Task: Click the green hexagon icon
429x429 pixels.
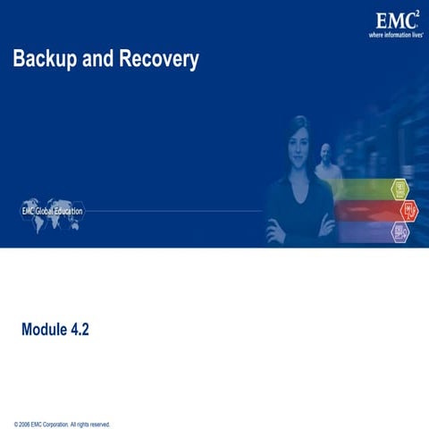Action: (x=400, y=188)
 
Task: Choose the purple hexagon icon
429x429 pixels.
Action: (x=400, y=231)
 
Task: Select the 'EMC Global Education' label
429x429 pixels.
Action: (x=52, y=212)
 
